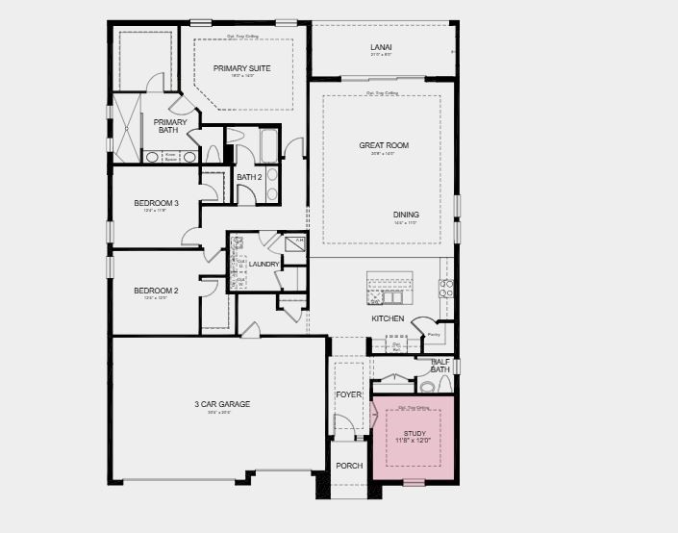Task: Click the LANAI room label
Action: point(382,46)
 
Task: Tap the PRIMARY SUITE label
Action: point(241,68)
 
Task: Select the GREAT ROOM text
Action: point(384,145)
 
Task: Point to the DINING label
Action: point(406,215)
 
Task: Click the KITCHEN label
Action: point(388,318)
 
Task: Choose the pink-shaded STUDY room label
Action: point(414,434)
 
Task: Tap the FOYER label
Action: point(347,395)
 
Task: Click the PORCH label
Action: point(349,466)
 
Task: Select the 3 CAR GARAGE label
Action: point(221,404)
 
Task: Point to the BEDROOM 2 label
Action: point(156,291)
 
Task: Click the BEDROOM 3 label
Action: point(156,203)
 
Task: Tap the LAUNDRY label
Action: point(264,265)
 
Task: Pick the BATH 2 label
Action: point(249,176)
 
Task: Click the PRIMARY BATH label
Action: point(170,126)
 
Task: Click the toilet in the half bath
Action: point(428,387)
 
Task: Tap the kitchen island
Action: point(389,288)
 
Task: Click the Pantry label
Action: point(434,335)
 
